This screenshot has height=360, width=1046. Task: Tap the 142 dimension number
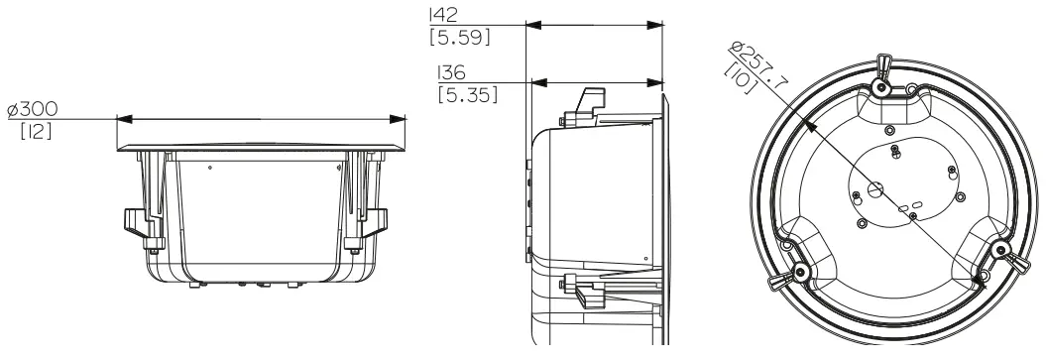click(x=442, y=16)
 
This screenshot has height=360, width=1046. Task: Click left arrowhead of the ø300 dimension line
click(x=124, y=119)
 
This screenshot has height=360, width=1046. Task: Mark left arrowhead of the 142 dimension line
click(x=529, y=24)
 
